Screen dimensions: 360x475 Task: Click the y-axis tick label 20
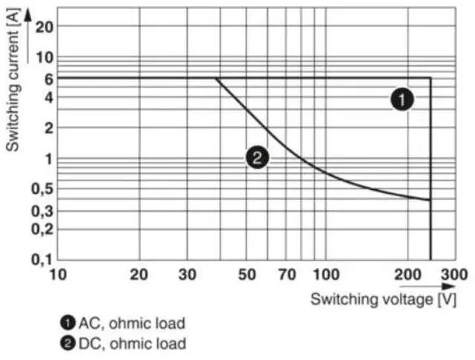click(x=45, y=27)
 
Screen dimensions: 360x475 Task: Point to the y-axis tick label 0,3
click(x=42, y=212)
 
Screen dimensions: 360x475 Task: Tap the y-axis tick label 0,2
click(x=42, y=229)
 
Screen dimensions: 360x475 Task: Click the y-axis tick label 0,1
click(x=42, y=260)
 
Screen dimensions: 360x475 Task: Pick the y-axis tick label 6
click(x=48, y=79)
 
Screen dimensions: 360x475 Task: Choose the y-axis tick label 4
click(x=48, y=96)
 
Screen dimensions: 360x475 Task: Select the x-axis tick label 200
click(x=407, y=274)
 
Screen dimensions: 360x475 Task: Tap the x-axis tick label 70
click(x=286, y=274)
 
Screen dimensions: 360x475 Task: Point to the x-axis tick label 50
click(x=247, y=274)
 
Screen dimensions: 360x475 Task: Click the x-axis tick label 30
click(x=187, y=274)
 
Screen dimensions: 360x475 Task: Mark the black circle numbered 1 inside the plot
click(x=402, y=99)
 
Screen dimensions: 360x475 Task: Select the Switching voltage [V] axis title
click(x=383, y=299)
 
